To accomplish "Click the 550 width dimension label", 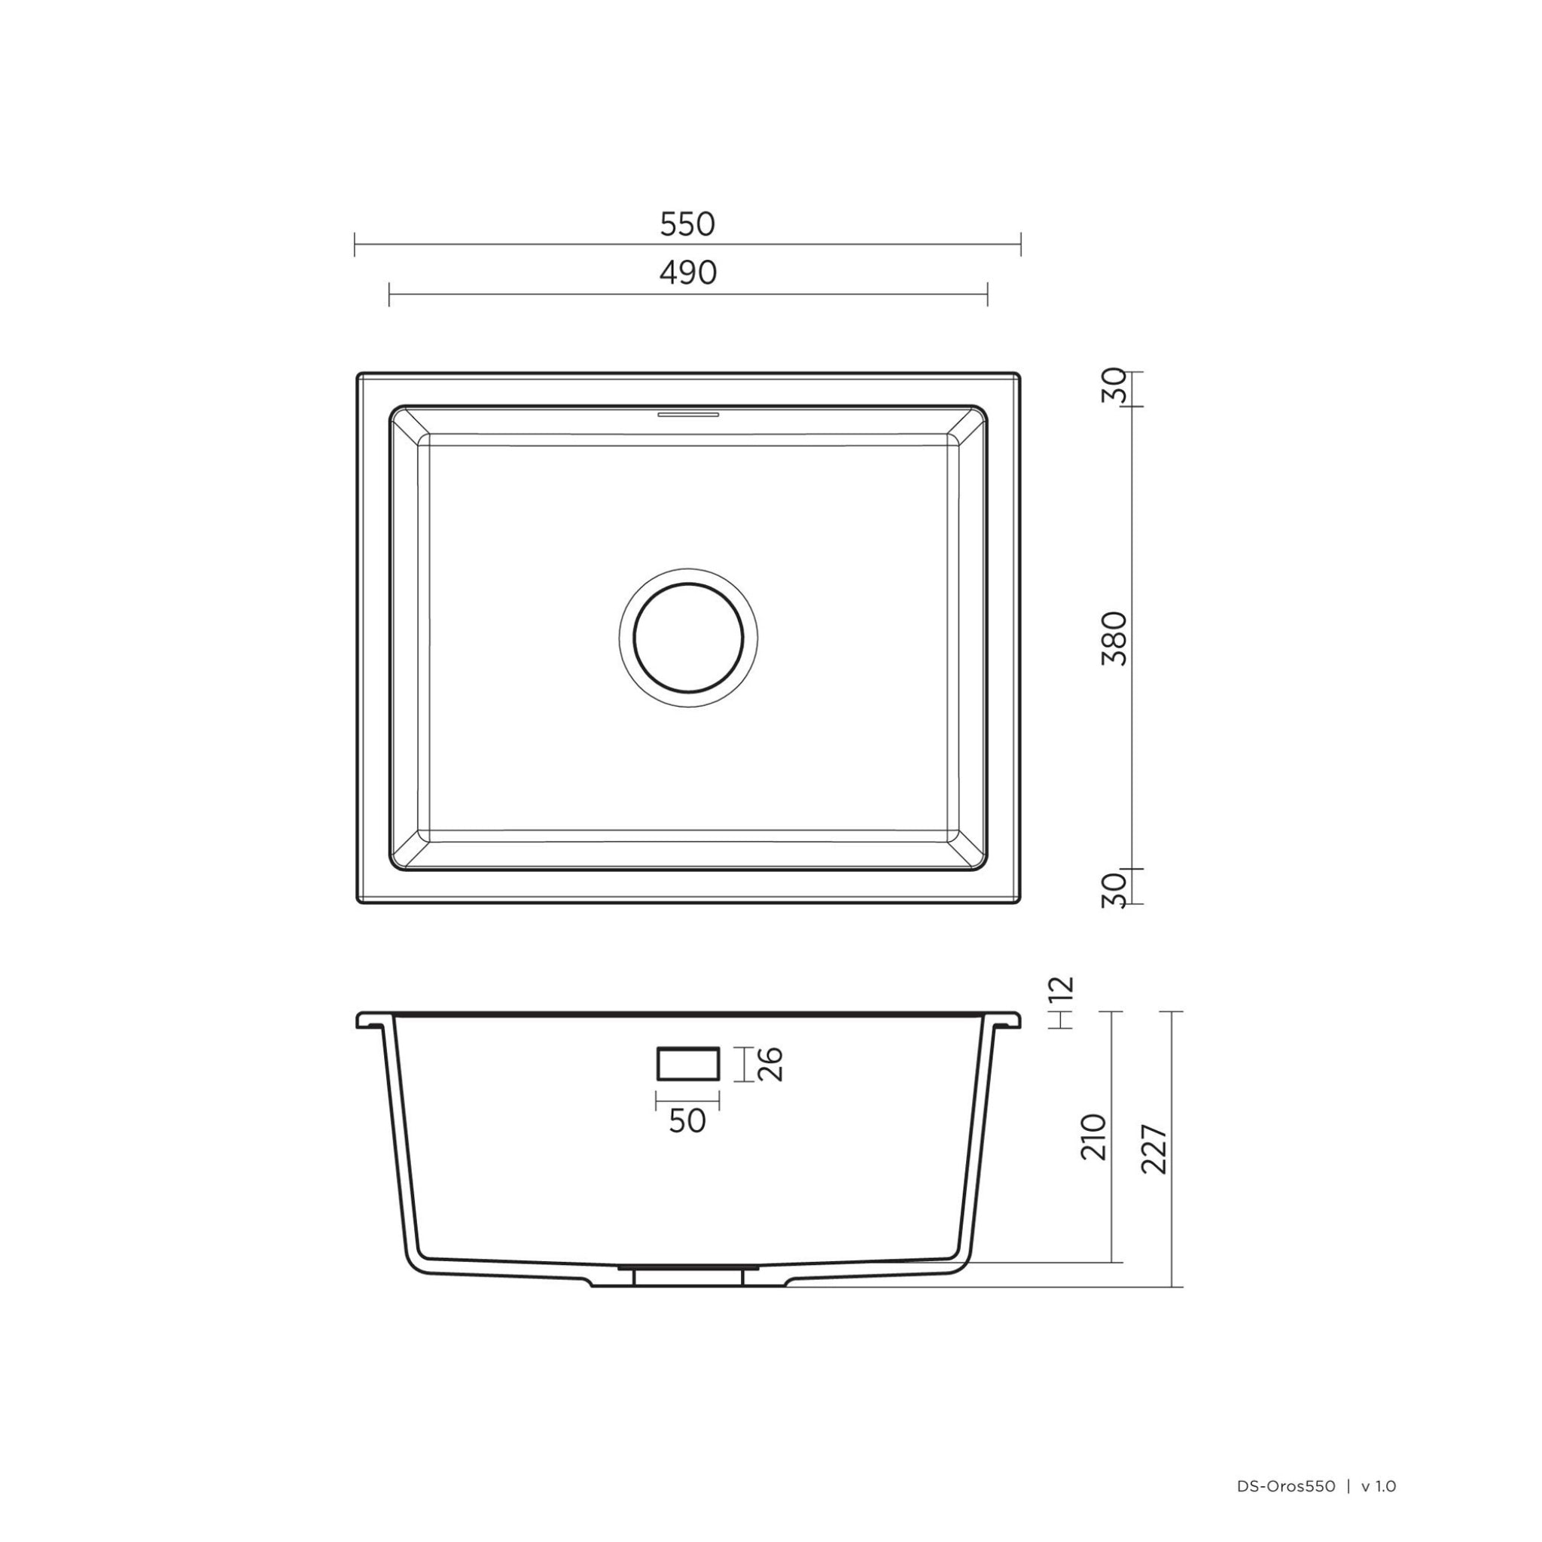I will (687, 225).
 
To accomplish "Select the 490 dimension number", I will (688, 274).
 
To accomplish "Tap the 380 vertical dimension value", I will (1114, 638).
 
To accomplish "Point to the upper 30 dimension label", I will (1114, 385).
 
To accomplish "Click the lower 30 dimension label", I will (1114, 889).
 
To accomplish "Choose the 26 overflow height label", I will (770, 1064).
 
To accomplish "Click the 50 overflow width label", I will (687, 1121).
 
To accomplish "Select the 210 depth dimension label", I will (1093, 1138).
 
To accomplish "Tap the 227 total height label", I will (1155, 1149).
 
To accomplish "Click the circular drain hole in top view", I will (688, 638).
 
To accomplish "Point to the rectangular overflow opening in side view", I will (687, 1064).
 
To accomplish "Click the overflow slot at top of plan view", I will (688, 414).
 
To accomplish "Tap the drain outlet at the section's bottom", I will (687, 1276).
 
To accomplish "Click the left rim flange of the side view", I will (373, 1021).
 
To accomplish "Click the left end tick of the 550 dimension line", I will (355, 245).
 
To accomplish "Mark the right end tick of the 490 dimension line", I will (988, 294).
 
